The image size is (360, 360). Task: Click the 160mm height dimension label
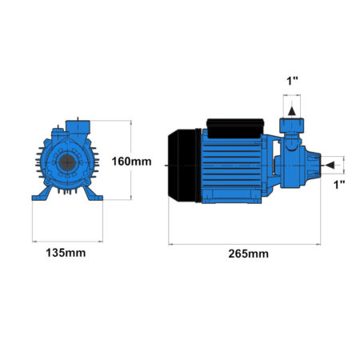(131, 162)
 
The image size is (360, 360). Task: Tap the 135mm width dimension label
(66, 253)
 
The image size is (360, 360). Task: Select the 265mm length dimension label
(248, 254)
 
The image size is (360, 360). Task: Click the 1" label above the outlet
(292, 81)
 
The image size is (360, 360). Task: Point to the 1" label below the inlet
(339, 185)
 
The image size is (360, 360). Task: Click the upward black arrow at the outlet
(292, 111)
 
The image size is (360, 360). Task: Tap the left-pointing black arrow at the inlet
(330, 166)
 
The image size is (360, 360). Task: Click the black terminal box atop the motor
(235, 129)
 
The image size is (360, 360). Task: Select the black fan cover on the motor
(184, 166)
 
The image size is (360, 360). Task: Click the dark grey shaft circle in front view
(67, 162)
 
